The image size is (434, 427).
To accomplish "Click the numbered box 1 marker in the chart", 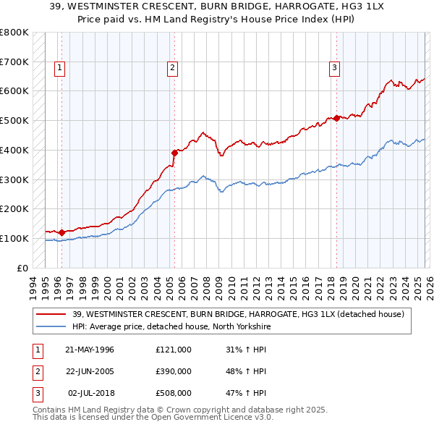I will click(59, 69).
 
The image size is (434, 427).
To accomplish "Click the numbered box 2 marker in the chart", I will click(173, 69).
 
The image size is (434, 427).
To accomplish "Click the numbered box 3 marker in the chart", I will click(335, 69).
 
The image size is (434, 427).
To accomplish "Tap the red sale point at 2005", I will click(174, 153).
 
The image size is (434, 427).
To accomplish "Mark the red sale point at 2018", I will click(337, 119).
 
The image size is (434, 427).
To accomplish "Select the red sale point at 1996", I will click(61, 232).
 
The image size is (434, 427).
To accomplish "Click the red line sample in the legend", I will click(52, 313).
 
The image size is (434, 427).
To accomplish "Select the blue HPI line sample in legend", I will click(52, 326).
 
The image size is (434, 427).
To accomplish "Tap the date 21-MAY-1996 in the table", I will click(90, 350).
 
